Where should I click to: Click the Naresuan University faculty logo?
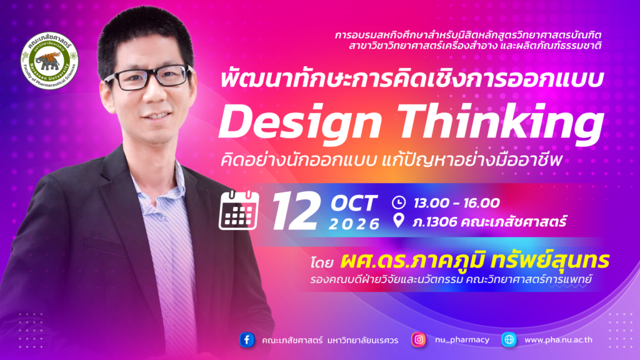coord(49,61)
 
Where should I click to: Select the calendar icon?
coord(239,210)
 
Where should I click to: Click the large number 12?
coord(296,211)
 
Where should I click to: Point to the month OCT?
coord(354,204)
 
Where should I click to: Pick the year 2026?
coord(354,224)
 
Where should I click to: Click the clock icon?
coord(399,202)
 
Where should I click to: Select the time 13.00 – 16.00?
coord(456,203)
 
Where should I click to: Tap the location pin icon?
coord(398,221)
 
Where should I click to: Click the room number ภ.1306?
coord(434,222)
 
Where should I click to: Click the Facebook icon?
coord(247,339)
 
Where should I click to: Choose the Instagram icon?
coord(419,339)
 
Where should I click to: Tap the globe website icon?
coord(509,339)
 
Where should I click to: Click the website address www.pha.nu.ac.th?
coord(558,340)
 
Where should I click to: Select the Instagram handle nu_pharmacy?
coord(462,340)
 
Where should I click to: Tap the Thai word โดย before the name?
coord(322,262)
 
